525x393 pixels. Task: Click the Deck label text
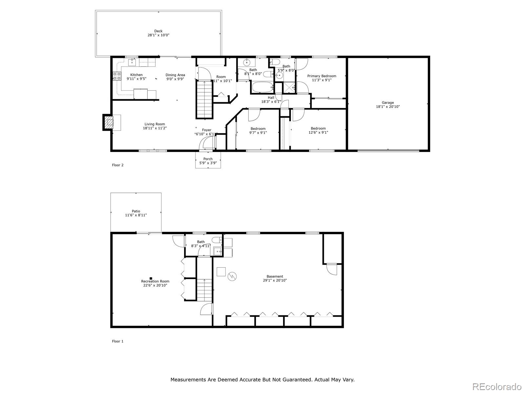pyautogui.click(x=158, y=31)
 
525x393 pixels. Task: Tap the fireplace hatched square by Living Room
pyautogui.click(x=109, y=123)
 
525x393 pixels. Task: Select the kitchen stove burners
pyautogui.click(x=116, y=76)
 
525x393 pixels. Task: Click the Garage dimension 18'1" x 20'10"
pyautogui.click(x=388, y=107)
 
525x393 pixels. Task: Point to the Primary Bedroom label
pyautogui.click(x=322, y=76)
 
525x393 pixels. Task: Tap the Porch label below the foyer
pyautogui.click(x=208, y=159)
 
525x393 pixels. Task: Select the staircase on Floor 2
pyautogui.click(x=204, y=100)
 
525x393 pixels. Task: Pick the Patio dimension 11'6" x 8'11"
pyautogui.click(x=136, y=215)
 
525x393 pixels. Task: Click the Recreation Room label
pyautogui.click(x=155, y=281)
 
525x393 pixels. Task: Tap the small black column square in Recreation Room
pyautogui.click(x=151, y=278)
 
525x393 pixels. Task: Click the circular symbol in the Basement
pyautogui.click(x=232, y=276)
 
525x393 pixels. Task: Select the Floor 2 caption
pyautogui.click(x=118, y=165)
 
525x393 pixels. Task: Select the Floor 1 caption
pyautogui.click(x=118, y=341)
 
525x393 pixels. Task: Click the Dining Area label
pyautogui.click(x=175, y=75)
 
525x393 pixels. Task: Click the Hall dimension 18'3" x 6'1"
pyautogui.click(x=271, y=102)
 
